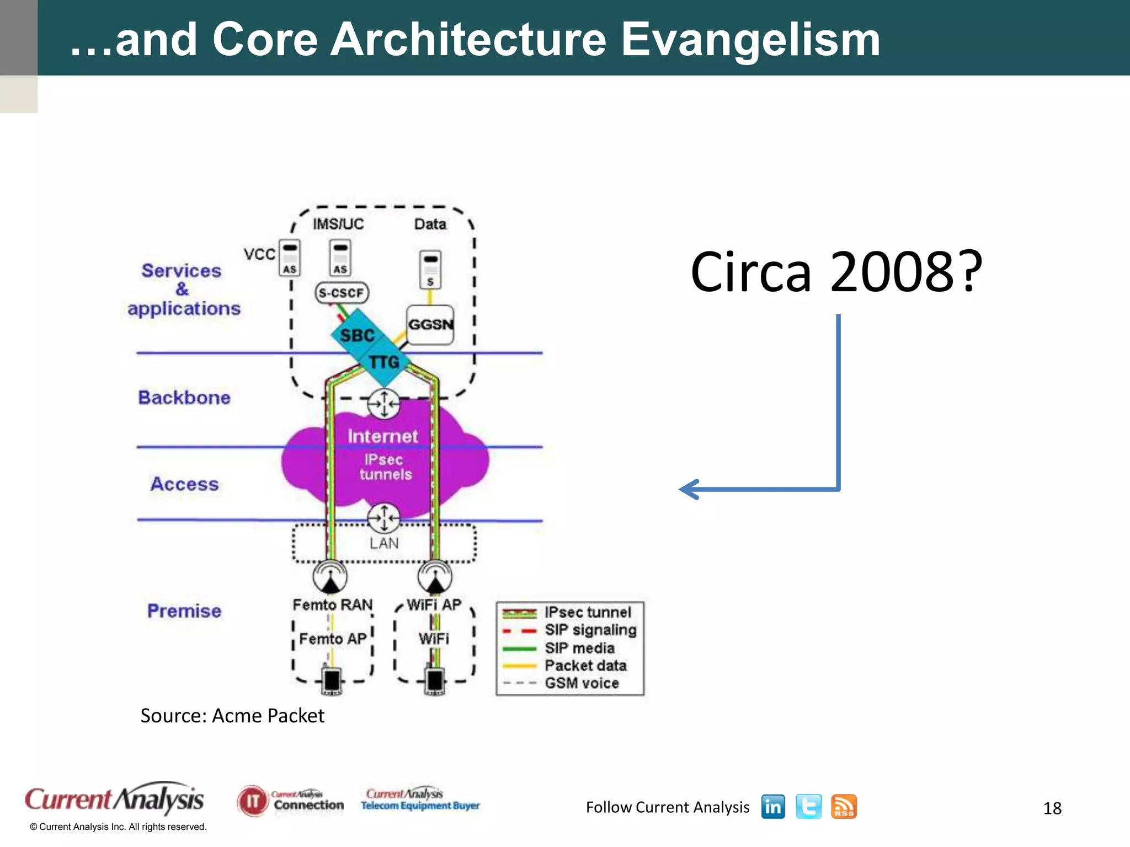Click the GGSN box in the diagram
pyautogui.click(x=430, y=324)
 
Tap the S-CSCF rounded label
pyautogui.click(x=342, y=292)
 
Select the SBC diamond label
pyautogui.click(x=357, y=335)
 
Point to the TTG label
pyautogui.click(x=384, y=362)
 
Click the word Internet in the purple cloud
pyautogui.click(x=382, y=436)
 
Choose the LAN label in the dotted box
pyautogui.click(x=384, y=543)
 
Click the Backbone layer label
pyautogui.click(x=184, y=398)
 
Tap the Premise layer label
pyautogui.click(x=184, y=611)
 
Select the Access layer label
pyautogui.click(x=185, y=484)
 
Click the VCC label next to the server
pyautogui.click(x=259, y=254)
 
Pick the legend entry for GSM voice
pyautogui.click(x=582, y=683)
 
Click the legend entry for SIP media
pyautogui.click(x=579, y=648)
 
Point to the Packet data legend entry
pyautogui.click(x=585, y=666)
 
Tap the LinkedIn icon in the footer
pyautogui.click(x=772, y=807)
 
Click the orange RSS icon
pyautogui.click(x=844, y=807)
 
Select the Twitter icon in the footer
pyautogui.click(x=808, y=807)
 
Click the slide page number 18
pyautogui.click(x=1052, y=808)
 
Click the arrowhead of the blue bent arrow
pyautogui.click(x=687, y=489)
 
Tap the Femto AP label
pyautogui.click(x=333, y=639)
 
